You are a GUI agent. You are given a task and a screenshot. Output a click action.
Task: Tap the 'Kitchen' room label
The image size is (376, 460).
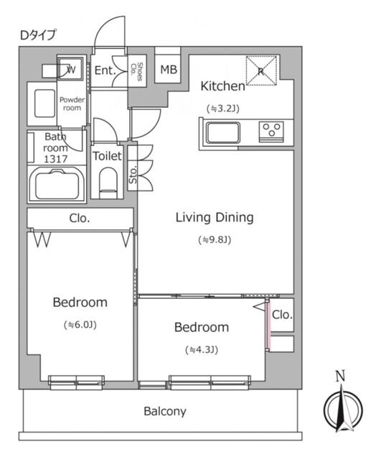pos(222,86)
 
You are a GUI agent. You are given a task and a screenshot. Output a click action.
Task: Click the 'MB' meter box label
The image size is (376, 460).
pos(169,70)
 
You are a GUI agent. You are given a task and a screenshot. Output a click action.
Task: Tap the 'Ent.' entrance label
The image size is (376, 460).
pos(105,70)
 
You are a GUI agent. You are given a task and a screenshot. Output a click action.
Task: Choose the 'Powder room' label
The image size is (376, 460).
pos(72,103)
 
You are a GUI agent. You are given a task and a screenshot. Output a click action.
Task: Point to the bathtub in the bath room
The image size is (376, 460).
pos(57,185)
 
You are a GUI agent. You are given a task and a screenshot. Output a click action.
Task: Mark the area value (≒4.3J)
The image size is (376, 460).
pos(202,350)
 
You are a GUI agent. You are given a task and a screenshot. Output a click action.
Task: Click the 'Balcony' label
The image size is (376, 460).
pos(164,412)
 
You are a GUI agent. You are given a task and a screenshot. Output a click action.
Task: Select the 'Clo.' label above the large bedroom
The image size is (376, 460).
pos(80,218)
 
